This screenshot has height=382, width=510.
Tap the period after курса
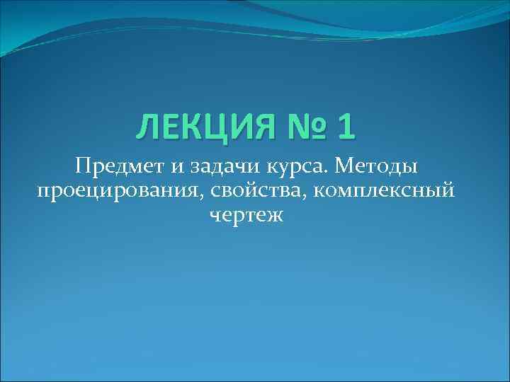(x=329, y=173)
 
